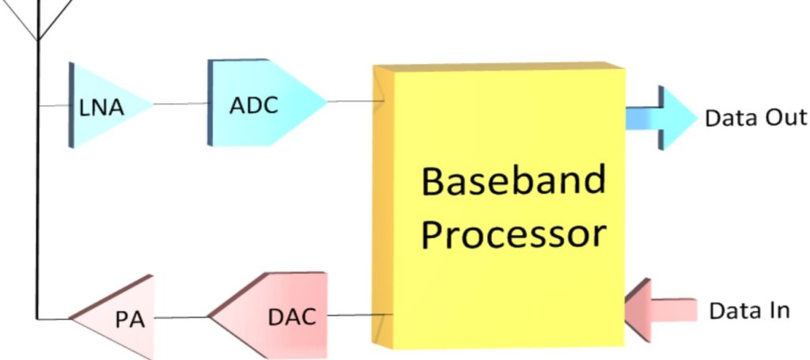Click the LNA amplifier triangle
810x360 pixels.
click(106, 105)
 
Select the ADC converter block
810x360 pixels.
click(263, 103)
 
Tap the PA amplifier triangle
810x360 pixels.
click(116, 317)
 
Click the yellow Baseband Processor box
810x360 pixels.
click(498, 206)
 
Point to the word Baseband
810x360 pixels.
click(513, 181)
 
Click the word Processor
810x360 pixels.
click(513, 234)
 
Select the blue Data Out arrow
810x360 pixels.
click(662, 118)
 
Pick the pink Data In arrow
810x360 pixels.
click(660, 310)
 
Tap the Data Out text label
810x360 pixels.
click(755, 118)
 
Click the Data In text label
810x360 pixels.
click(749, 311)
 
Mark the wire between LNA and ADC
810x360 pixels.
click(181, 104)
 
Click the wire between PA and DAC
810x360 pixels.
click(181, 317)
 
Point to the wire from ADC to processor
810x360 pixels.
click(357, 101)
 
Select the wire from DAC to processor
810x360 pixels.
click(361, 315)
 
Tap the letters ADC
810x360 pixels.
click(254, 106)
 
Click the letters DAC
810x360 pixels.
click(292, 316)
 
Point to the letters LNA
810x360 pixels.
click(102, 108)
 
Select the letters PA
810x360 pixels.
click(131, 320)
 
